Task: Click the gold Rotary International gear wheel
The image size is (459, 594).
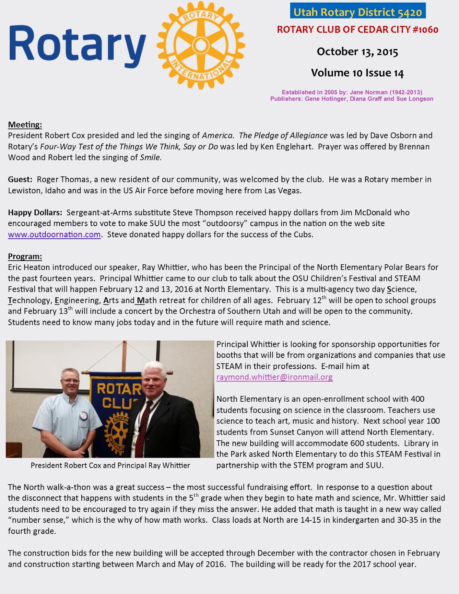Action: tap(201, 45)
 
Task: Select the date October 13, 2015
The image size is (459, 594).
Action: tap(357, 52)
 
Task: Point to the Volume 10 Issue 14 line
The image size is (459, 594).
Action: tap(357, 73)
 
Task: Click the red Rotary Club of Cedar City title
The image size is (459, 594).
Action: tap(358, 30)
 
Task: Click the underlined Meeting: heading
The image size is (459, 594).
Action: tap(25, 124)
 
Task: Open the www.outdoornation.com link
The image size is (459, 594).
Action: tap(54, 235)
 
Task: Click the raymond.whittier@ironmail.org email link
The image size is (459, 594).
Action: tap(274, 377)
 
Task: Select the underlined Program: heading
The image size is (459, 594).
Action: tap(25, 256)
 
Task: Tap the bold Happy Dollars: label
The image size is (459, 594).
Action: tap(35, 213)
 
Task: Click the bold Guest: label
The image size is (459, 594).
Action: tap(20, 180)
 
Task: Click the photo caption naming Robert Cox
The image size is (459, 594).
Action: tap(110, 465)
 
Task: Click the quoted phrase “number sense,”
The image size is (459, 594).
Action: tap(39, 520)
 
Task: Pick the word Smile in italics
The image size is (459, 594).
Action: tap(150, 157)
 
